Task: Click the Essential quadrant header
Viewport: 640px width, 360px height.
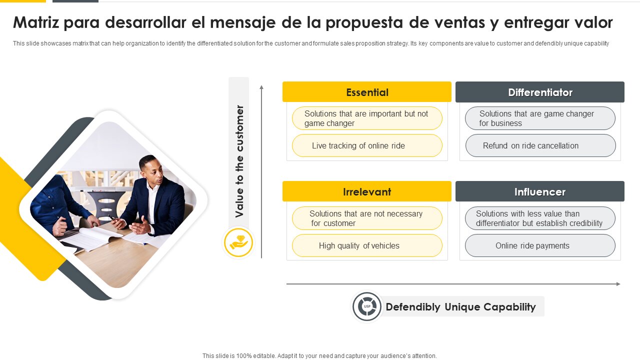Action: pyautogui.click(x=367, y=92)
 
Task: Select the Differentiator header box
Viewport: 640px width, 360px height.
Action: pyautogui.click(x=540, y=92)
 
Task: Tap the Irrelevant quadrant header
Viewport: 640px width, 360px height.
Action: pyautogui.click(x=367, y=191)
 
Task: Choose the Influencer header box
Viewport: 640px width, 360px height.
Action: pyautogui.click(x=540, y=191)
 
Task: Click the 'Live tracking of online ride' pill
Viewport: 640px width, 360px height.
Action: pyautogui.click(x=367, y=145)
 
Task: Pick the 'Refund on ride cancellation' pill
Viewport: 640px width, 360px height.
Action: pyautogui.click(x=540, y=145)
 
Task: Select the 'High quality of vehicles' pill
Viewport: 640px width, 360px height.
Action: pyautogui.click(x=367, y=245)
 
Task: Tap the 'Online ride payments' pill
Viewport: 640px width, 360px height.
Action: pyautogui.click(x=540, y=245)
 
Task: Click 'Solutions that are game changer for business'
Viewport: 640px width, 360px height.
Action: pyautogui.click(x=540, y=118)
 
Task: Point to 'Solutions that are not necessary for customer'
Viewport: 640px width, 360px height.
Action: pyautogui.click(x=367, y=218)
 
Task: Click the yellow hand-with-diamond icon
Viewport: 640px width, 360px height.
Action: pyautogui.click(x=238, y=242)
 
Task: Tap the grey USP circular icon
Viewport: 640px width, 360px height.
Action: pyautogui.click(x=367, y=306)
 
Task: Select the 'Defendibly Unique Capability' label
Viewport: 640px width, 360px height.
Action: pyautogui.click(x=460, y=307)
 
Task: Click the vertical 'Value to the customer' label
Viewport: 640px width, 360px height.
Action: pyautogui.click(x=239, y=161)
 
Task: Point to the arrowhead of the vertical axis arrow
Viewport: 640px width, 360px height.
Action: pyautogui.click(x=261, y=87)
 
